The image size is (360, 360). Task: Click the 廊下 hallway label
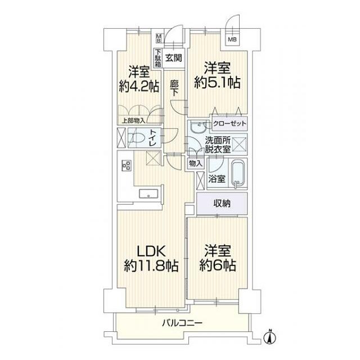click(x=174, y=85)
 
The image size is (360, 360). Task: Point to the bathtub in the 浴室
click(x=241, y=174)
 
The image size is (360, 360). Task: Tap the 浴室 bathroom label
click(x=217, y=179)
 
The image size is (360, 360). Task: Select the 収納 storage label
click(x=222, y=203)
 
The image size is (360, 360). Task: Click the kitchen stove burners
click(x=126, y=165)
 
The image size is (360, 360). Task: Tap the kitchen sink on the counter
click(x=150, y=195)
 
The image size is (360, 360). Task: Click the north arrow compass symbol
click(x=269, y=336)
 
